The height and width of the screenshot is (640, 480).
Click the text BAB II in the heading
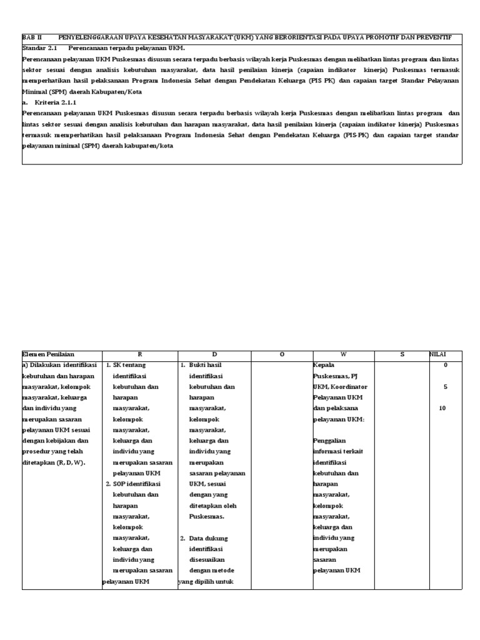click(x=32, y=38)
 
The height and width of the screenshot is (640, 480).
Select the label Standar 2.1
click(x=39, y=48)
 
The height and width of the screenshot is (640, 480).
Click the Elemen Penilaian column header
click(x=48, y=355)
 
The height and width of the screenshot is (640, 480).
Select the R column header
click(x=139, y=355)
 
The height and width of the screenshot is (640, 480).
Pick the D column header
click(x=214, y=355)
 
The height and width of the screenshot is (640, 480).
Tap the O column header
click(x=282, y=355)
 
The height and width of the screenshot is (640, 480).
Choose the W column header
click(x=344, y=355)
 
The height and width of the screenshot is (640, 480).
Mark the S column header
click(x=402, y=355)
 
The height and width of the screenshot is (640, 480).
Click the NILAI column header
click(x=437, y=355)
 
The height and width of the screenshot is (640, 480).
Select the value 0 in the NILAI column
click(x=445, y=365)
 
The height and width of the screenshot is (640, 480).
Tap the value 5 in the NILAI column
click(x=445, y=387)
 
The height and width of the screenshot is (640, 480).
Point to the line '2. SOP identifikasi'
click(x=133, y=484)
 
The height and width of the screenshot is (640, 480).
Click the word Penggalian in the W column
click(x=329, y=441)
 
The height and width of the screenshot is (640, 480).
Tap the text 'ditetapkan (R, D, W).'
click(x=53, y=462)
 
